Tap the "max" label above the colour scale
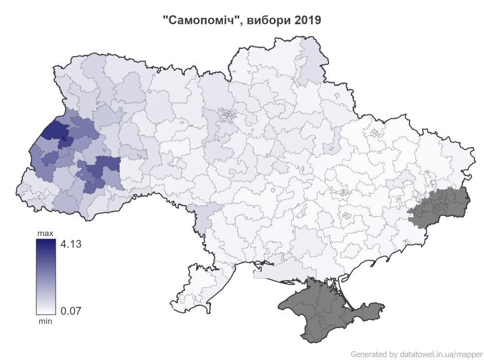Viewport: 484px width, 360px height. [x=45, y=234]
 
